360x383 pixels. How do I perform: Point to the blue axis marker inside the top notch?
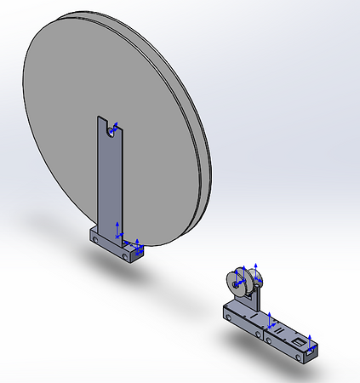[x=115, y=128]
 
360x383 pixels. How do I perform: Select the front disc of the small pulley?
[x=238, y=283]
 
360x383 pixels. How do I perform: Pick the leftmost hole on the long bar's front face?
[x=231, y=316]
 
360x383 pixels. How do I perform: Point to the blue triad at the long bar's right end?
[x=311, y=346]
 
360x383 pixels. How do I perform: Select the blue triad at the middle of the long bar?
[x=270, y=321]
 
